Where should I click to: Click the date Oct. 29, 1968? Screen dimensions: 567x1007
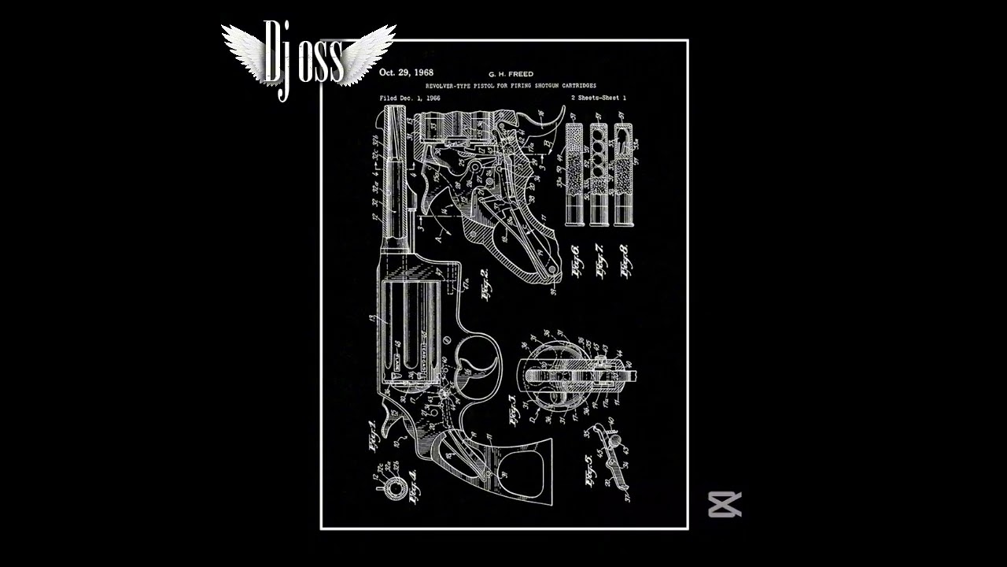[406, 72]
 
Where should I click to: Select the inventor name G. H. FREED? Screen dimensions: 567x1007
[511, 74]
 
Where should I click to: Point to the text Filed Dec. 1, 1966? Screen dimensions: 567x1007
[410, 98]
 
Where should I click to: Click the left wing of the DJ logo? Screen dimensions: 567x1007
[244, 51]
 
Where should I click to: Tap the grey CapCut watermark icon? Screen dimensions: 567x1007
[725, 504]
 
